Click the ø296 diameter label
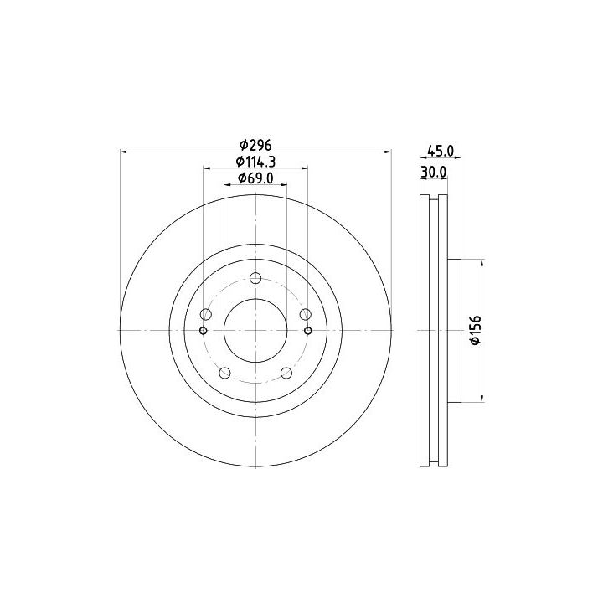click(255, 146)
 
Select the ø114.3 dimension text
click(255, 162)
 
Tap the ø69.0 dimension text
click(255, 178)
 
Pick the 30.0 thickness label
click(434, 173)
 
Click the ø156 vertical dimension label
click(476, 330)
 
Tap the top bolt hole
click(255, 278)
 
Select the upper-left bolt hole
click(206, 314)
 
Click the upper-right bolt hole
click(306, 314)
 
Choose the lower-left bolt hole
click(224, 373)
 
